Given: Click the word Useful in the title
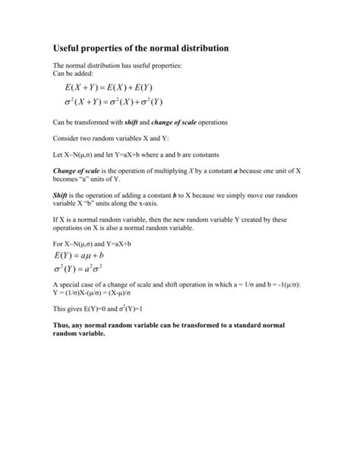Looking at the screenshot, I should click(68, 49).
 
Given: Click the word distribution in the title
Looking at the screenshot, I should click(199, 49).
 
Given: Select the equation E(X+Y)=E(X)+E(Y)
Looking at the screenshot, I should click(109, 87).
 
